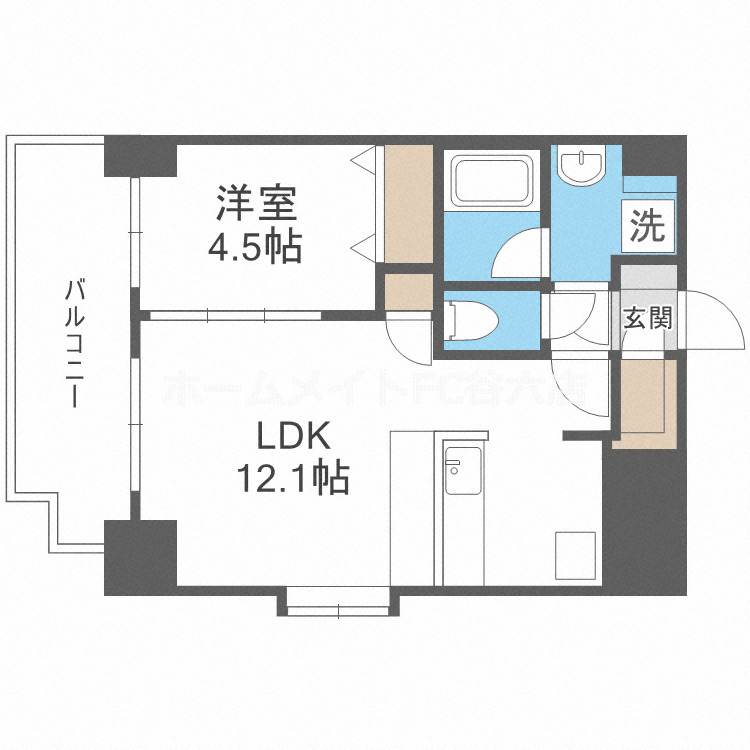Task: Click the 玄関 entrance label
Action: [646, 319]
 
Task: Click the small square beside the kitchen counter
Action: [574, 553]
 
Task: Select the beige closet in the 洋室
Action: [408, 205]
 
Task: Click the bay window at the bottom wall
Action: [340, 600]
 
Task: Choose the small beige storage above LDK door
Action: [408, 291]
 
